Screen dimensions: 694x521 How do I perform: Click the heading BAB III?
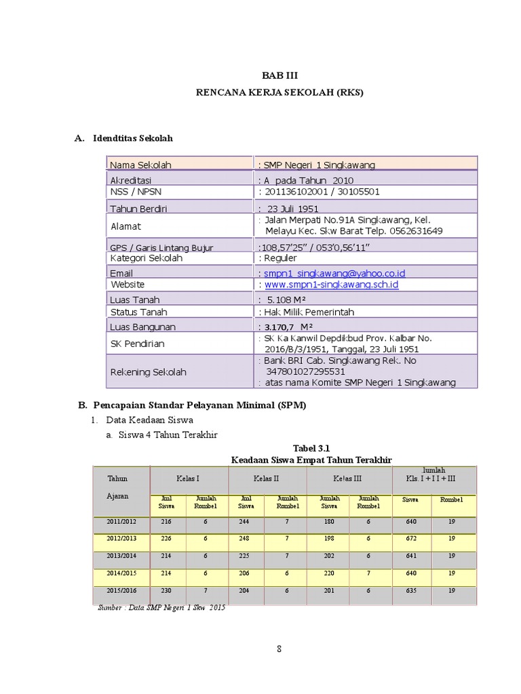click(x=279, y=76)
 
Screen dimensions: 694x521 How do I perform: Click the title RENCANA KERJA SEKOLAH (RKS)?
click(x=279, y=94)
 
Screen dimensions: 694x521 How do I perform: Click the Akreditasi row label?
click(x=131, y=180)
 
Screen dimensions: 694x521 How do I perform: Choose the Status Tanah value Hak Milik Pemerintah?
click(x=309, y=312)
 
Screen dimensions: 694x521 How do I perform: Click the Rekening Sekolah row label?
click(x=148, y=372)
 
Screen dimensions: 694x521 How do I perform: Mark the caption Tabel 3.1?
click(x=311, y=449)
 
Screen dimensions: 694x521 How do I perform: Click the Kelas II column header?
click(x=267, y=478)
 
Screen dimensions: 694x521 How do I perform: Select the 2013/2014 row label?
click(x=121, y=556)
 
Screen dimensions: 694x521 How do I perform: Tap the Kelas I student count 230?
click(x=166, y=590)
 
